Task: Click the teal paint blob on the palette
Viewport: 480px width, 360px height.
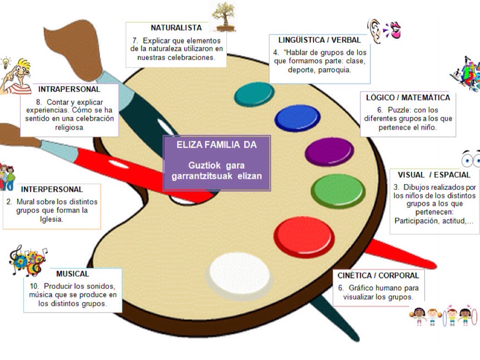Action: point(254,94)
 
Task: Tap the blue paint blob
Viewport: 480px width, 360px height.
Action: point(297,118)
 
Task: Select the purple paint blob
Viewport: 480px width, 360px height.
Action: point(329,152)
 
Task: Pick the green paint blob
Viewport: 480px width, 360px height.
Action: point(338,190)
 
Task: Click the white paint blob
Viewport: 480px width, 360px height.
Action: point(240,276)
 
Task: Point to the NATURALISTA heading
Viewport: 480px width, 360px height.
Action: point(176,28)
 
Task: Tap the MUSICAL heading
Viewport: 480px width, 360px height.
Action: point(73,274)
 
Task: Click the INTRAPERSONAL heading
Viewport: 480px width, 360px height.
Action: point(69,89)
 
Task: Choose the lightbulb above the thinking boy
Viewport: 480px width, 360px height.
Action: point(6,62)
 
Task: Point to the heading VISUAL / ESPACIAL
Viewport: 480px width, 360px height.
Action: point(434,175)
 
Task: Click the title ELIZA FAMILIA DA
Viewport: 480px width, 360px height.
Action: point(217,145)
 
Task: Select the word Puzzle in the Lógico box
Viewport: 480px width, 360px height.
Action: point(399,110)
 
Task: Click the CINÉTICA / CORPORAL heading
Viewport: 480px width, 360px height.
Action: point(378,275)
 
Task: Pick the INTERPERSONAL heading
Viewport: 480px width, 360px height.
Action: point(52,190)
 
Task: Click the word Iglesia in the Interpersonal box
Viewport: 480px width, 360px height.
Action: point(52,219)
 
